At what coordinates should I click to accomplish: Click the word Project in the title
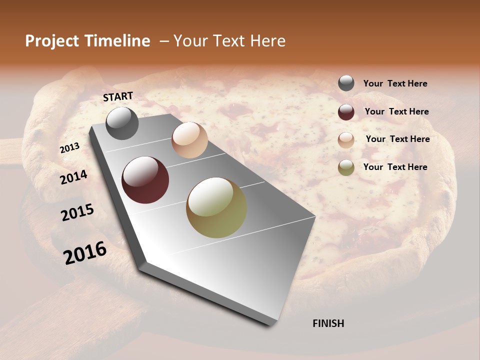(51, 41)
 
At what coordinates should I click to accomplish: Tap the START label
(118, 96)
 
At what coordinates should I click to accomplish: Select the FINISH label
(328, 323)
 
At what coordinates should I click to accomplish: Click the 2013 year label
(69, 148)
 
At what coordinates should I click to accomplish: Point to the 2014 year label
(73, 177)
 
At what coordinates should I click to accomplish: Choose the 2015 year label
(77, 212)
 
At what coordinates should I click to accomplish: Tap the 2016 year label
(85, 252)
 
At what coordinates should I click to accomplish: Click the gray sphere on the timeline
(122, 123)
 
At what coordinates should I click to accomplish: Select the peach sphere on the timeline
(189, 140)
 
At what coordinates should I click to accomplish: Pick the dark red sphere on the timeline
(145, 180)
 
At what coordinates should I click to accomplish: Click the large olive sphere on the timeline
(216, 207)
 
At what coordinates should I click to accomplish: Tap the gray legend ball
(346, 83)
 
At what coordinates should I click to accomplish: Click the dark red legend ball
(346, 111)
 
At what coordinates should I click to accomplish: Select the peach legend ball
(346, 139)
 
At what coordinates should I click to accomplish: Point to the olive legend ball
(346, 167)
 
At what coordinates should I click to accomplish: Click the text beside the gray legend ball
(395, 83)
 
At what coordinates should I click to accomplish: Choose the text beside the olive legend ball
(395, 167)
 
